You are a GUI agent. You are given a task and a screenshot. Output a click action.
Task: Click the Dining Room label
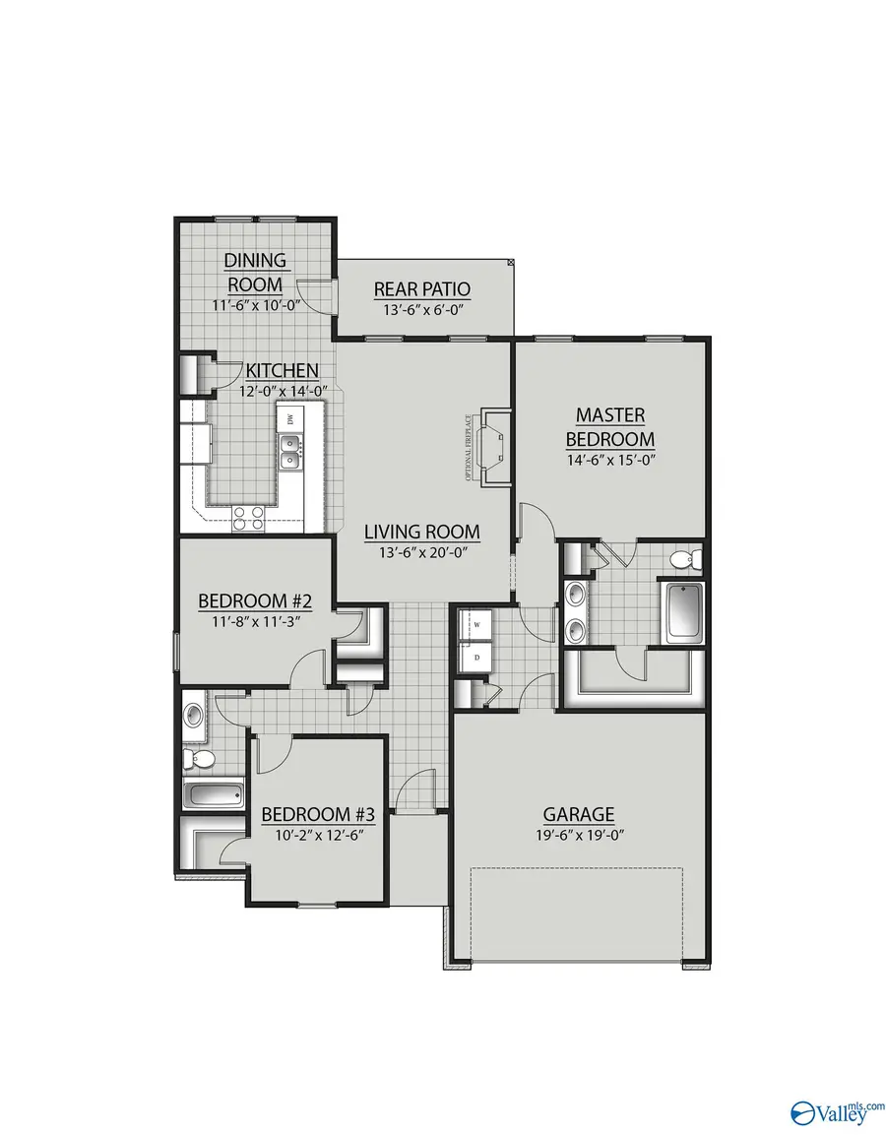(255, 272)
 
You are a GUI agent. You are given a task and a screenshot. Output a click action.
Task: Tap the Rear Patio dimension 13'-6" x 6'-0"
(421, 309)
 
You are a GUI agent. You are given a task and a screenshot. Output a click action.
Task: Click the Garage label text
(579, 814)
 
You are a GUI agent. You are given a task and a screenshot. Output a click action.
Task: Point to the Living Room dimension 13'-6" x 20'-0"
(421, 552)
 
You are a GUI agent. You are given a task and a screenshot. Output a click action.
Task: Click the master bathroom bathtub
(683, 612)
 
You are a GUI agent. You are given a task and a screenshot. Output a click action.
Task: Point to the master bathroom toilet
(683, 560)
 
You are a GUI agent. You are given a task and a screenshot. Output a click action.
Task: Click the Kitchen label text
(282, 371)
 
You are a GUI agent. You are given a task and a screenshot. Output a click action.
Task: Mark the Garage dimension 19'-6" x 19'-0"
(579, 835)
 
